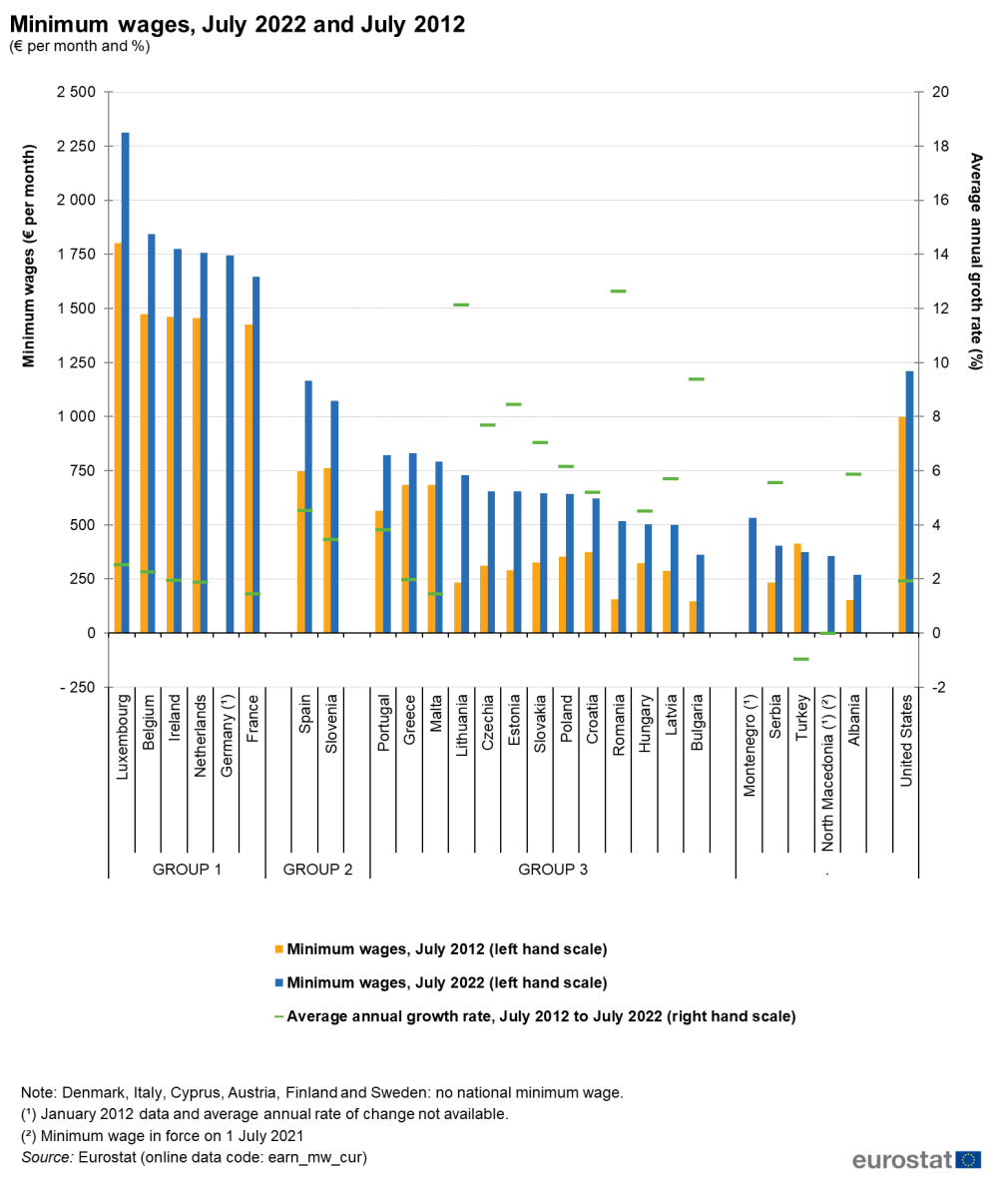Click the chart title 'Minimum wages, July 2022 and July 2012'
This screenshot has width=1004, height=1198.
click(238, 24)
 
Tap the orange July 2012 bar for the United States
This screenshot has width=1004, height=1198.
click(902, 524)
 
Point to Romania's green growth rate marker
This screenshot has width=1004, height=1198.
click(618, 292)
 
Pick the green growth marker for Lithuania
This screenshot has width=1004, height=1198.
click(461, 304)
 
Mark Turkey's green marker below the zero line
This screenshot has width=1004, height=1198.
click(800, 659)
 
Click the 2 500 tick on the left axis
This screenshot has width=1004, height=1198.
click(76, 93)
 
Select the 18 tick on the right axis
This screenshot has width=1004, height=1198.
click(939, 147)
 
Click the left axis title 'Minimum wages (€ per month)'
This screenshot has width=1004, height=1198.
click(29, 256)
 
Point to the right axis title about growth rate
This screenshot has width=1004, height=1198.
click(976, 262)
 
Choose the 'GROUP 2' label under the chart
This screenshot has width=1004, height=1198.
click(317, 870)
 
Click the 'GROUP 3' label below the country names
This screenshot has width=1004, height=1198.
click(552, 870)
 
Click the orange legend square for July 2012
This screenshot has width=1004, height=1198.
click(278, 948)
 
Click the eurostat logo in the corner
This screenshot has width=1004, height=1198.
click(916, 1160)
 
